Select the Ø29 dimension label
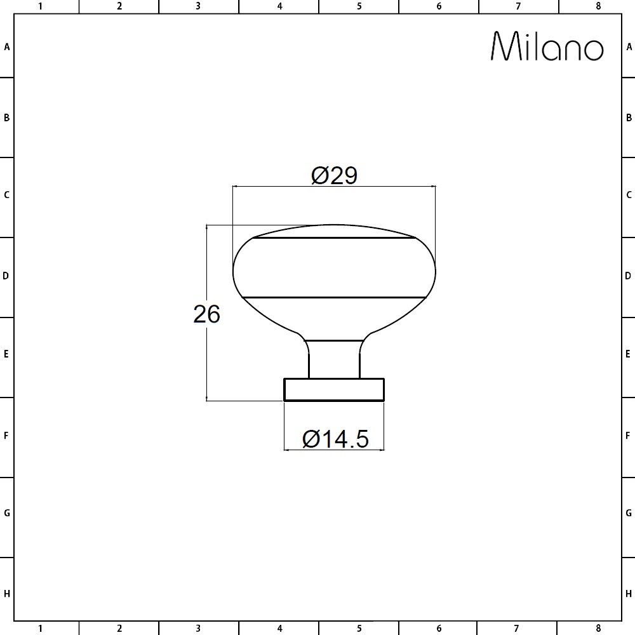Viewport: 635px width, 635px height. pyautogui.click(x=335, y=175)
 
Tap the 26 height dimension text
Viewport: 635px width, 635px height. pyautogui.click(x=206, y=314)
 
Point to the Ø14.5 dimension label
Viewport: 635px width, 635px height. pyautogui.click(x=335, y=439)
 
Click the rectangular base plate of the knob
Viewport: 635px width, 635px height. pyautogui.click(x=334, y=389)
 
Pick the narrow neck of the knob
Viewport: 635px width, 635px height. pyautogui.click(x=334, y=359)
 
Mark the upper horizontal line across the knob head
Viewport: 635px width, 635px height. pyautogui.click(x=334, y=239)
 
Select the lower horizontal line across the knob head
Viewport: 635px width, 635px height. pyautogui.click(x=334, y=297)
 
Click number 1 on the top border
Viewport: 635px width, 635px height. pyautogui.click(x=40, y=6)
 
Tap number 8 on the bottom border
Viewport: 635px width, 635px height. pyautogui.click(x=598, y=629)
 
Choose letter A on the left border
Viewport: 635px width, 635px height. pyautogui.click(x=6, y=46)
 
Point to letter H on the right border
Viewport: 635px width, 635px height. pyautogui.click(x=629, y=594)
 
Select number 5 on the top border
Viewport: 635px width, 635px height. pyautogui.click(x=359, y=6)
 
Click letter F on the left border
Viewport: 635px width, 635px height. pyautogui.click(x=6, y=436)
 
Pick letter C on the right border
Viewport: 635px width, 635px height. pyautogui.click(x=629, y=195)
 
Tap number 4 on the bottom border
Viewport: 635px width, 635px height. pyautogui.click(x=279, y=629)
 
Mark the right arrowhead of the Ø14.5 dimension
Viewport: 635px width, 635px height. pyautogui.click(x=381, y=450)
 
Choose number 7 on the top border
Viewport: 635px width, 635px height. pyautogui.click(x=518, y=6)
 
